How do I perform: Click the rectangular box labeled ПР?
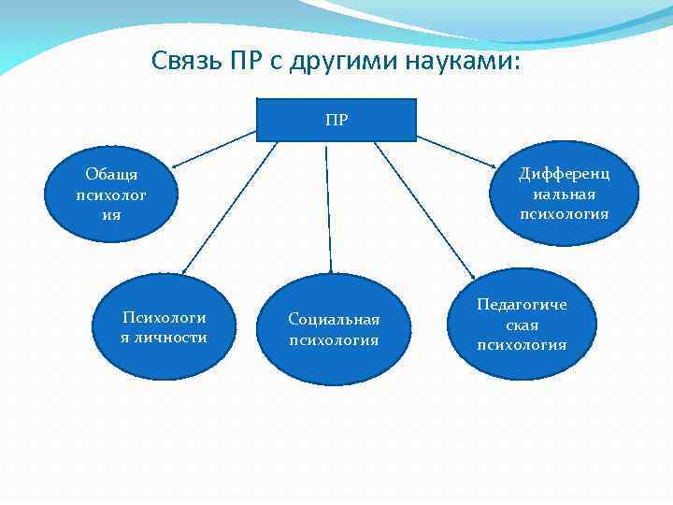(336, 119)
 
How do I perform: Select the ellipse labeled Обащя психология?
(111, 195)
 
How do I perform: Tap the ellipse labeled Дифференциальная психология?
(564, 194)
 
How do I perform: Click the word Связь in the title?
(183, 62)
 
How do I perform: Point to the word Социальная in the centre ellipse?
(334, 320)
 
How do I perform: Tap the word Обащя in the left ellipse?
(111, 175)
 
